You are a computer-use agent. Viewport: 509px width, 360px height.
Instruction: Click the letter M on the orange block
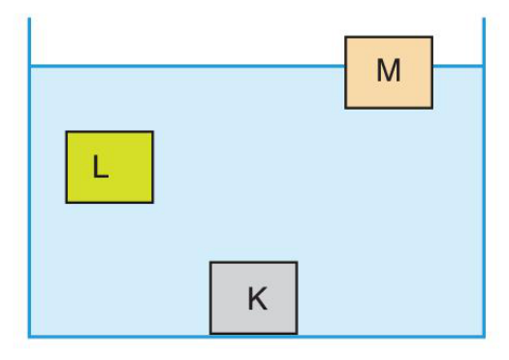click(389, 70)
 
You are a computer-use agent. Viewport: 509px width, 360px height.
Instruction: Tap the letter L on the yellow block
click(100, 166)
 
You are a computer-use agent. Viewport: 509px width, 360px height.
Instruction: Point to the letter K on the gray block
click(258, 299)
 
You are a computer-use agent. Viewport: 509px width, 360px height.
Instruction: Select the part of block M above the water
click(389, 51)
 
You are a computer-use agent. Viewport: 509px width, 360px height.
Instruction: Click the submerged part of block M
click(389, 87)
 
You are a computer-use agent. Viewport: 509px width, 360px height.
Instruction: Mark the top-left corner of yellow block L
click(66, 132)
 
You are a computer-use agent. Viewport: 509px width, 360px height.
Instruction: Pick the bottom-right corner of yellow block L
click(153, 203)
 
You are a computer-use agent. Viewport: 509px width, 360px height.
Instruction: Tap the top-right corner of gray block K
click(297, 262)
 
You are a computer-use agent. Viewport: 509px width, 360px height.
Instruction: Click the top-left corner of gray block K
click(210, 262)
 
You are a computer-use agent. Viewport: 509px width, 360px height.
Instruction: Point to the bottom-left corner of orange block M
click(346, 108)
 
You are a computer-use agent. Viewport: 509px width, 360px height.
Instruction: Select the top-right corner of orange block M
click(432, 37)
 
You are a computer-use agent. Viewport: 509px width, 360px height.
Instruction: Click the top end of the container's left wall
click(29, 18)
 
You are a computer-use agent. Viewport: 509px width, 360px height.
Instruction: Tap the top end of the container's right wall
click(484, 18)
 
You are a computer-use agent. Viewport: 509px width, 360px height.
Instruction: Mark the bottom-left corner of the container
click(29, 337)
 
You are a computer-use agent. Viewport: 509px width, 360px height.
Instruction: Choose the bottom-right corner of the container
click(484, 337)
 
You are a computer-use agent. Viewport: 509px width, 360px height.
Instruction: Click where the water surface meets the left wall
click(29, 66)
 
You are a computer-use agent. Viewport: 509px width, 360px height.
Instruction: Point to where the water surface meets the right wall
click(484, 66)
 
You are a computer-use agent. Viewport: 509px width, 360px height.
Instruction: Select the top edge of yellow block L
click(110, 132)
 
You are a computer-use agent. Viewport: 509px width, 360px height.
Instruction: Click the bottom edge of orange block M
click(389, 108)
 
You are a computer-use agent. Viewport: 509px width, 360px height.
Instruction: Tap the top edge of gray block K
click(253, 262)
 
